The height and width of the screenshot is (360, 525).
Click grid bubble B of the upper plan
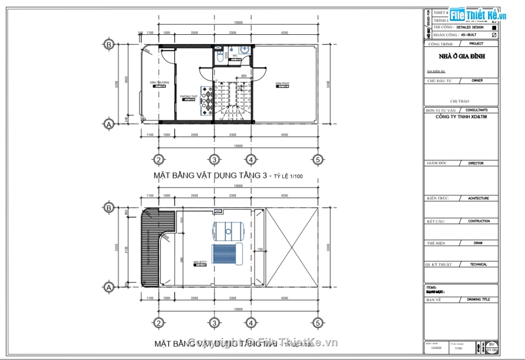(x=109, y=44)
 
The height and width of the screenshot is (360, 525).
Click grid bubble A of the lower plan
(x=109, y=287)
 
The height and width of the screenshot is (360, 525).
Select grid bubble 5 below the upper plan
(x=317, y=160)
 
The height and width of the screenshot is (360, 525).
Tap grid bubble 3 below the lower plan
(x=214, y=323)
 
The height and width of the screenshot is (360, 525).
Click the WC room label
(x=235, y=56)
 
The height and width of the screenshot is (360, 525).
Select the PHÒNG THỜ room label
(x=188, y=97)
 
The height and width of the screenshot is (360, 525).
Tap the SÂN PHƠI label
(x=283, y=84)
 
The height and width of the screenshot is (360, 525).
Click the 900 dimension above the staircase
(x=244, y=76)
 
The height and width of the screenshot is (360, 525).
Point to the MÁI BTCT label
(x=200, y=262)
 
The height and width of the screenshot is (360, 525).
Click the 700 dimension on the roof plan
(x=258, y=250)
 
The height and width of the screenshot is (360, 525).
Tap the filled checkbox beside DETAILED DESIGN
(x=494, y=27)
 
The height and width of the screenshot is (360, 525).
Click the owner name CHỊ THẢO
(x=460, y=102)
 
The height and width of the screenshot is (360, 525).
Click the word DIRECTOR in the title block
(x=475, y=163)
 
